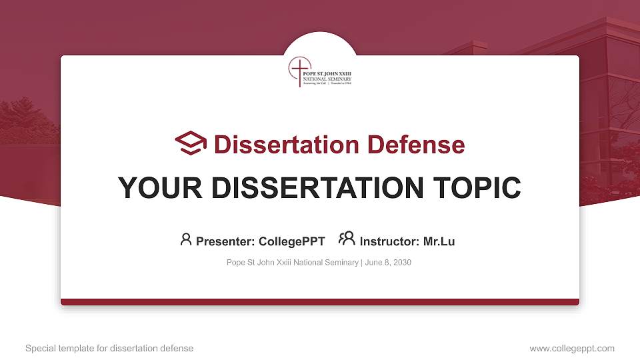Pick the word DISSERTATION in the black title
[x=317, y=188]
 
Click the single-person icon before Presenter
[x=186, y=239]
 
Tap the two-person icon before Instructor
[x=347, y=239]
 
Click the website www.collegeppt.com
[x=572, y=348]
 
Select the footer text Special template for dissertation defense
[x=109, y=348]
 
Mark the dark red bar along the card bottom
[x=320, y=302]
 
